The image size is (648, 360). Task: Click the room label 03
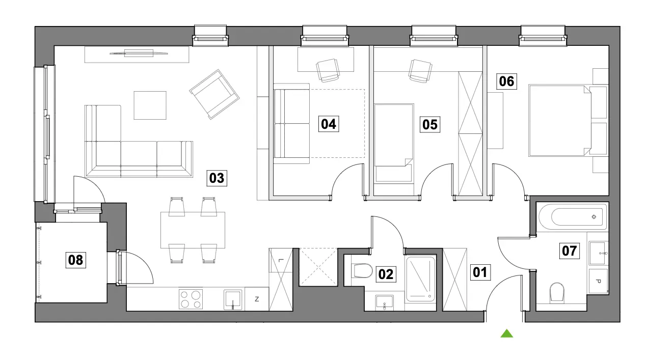tap(217, 178)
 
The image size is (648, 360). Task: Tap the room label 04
tap(329, 124)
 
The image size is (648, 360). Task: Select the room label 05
tap(430, 125)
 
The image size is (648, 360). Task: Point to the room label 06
tap(506, 81)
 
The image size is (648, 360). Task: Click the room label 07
tap(570, 251)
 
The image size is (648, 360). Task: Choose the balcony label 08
tap(76, 260)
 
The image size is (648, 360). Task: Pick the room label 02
tap(386, 274)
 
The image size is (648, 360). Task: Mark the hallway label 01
tap(480, 272)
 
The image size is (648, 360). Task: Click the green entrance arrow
tap(507, 334)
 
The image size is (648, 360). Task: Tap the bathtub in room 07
tap(573, 217)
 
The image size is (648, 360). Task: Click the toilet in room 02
tap(362, 271)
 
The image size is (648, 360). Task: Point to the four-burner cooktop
tap(191, 299)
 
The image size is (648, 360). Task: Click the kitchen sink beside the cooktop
tap(233, 299)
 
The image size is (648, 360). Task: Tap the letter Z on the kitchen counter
tap(257, 299)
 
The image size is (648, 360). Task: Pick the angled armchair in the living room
tap(214, 94)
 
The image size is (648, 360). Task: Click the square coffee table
tap(150, 105)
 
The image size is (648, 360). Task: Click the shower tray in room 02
tap(421, 279)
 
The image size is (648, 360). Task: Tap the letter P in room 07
tap(599, 281)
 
